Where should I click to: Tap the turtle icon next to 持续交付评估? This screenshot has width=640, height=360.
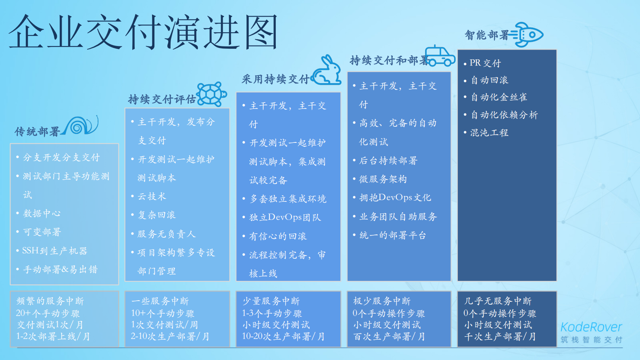point(211,94)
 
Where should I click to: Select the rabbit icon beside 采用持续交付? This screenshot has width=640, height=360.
point(328,71)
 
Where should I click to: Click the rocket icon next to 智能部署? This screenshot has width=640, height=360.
point(527,35)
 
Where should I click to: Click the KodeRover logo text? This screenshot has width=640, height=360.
point(591,327)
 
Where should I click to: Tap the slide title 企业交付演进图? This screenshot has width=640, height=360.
point(144,32)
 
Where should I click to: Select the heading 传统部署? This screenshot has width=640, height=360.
point(37,132)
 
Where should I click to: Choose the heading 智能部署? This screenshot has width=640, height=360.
point(487,36)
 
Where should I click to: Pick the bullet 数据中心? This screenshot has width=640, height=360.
point(42,213)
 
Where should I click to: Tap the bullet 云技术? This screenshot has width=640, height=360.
point(152,197)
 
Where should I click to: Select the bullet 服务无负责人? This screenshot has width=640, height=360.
point(166,234)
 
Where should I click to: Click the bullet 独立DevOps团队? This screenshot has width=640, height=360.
point(285,218)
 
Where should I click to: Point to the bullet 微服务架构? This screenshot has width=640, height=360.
point(383,179)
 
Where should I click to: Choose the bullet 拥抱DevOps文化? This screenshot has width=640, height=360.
point(395,198)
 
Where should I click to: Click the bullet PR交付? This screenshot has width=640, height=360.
point(485,63)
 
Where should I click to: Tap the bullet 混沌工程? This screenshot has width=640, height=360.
point(489,133)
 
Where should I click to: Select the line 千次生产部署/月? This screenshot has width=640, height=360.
point(500,337)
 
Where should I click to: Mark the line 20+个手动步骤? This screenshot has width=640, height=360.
point(48,314)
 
